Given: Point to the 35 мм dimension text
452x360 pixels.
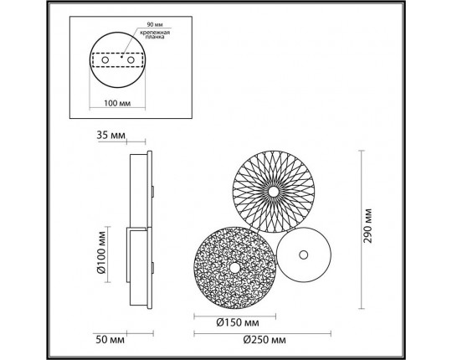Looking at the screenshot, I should tap(111, 133).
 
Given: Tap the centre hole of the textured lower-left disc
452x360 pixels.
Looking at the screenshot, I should tap(235, 266).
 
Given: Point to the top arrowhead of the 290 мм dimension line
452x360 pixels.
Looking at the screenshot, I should tap(362, 152).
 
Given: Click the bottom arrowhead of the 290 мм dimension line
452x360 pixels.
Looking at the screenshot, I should tap(362, 306).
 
